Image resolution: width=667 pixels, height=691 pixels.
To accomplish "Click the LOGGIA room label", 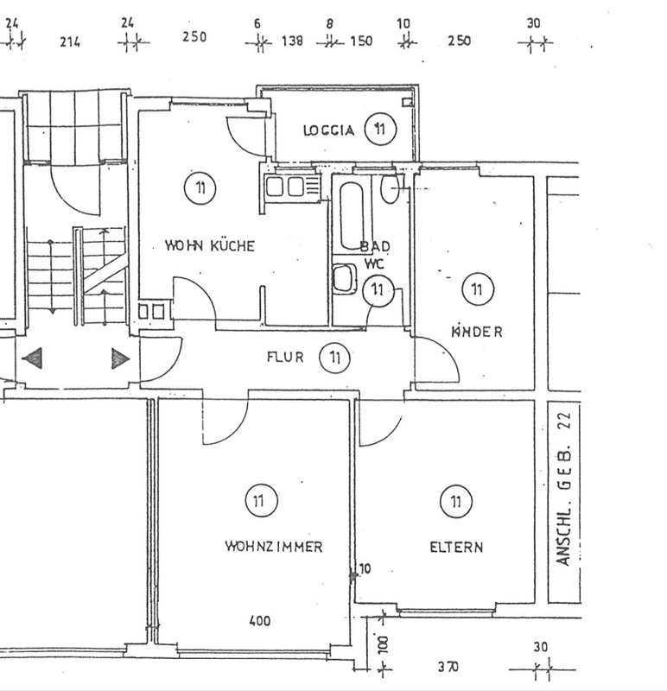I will point(328,131).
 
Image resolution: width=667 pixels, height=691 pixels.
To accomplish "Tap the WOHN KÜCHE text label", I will point(210,246).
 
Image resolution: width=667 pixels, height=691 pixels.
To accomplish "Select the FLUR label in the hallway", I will point(284,356).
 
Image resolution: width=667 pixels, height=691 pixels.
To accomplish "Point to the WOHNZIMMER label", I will point(273,547).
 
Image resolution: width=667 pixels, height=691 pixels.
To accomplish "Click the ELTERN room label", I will point(456,547).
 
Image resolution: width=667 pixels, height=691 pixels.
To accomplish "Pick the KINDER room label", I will point(476,332).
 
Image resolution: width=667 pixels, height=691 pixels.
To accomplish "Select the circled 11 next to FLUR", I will point(333,356).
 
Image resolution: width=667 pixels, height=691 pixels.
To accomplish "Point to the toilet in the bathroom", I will point(391,187).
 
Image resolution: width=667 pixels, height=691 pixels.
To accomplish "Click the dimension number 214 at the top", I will point(71,42).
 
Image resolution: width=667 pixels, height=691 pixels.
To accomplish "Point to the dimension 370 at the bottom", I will point(447,667).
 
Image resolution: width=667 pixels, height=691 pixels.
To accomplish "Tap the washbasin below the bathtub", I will point(345,278).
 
